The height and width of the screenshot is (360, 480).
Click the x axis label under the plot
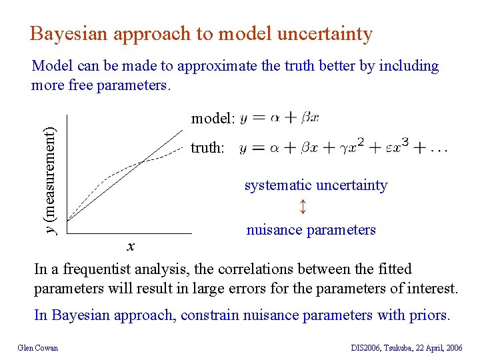(131, 247)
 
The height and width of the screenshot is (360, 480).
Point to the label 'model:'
(213, 119)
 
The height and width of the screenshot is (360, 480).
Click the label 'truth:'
(207, 147)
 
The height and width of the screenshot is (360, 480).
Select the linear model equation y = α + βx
(279, 118)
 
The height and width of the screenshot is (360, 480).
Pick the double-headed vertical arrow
(303, 207)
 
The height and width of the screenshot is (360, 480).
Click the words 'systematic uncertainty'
(316, 185)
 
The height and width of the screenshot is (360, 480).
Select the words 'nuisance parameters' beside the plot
(311, 230)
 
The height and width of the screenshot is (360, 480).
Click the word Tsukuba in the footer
(399, 347)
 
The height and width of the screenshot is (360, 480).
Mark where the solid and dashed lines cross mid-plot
(141, 162)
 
